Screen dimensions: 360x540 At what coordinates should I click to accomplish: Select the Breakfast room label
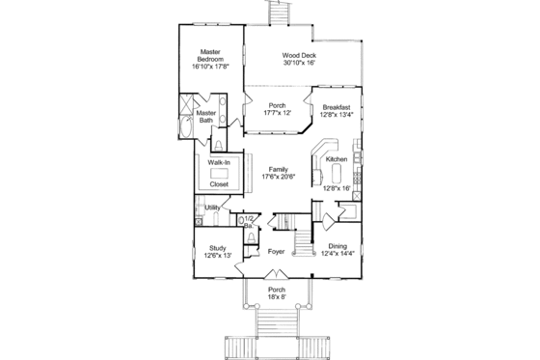tap(336, 108)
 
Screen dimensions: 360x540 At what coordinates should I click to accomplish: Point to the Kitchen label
tap(336, 158)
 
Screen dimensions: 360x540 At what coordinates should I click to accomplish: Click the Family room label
tap(278, 168)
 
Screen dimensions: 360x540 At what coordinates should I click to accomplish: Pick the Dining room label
tap(337, 246)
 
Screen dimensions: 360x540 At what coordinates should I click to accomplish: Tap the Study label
tap(218, 248)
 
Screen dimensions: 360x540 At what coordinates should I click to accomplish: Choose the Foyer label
tap(275, 252)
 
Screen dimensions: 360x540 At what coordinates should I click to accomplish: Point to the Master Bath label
tap(206, 116)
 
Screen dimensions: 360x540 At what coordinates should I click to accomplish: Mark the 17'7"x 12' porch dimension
tap(278, 111)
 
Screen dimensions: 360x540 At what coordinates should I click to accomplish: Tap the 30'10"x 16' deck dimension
tap(301, 63)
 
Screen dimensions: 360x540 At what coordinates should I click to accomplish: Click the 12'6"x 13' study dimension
tap(218, 256)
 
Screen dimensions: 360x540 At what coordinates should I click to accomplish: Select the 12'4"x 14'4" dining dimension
tap(337, 254)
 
